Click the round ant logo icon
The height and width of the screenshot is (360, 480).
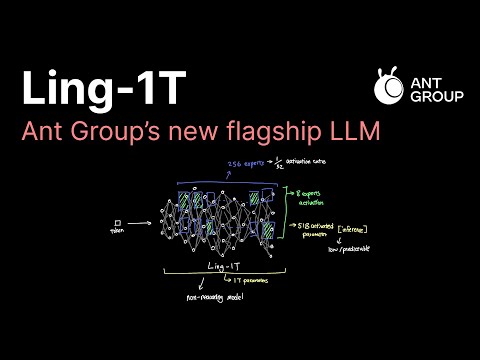pos(389,87)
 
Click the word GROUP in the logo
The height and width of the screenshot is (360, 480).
pos(421,97)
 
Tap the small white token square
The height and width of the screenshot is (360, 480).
pos(118,222)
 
